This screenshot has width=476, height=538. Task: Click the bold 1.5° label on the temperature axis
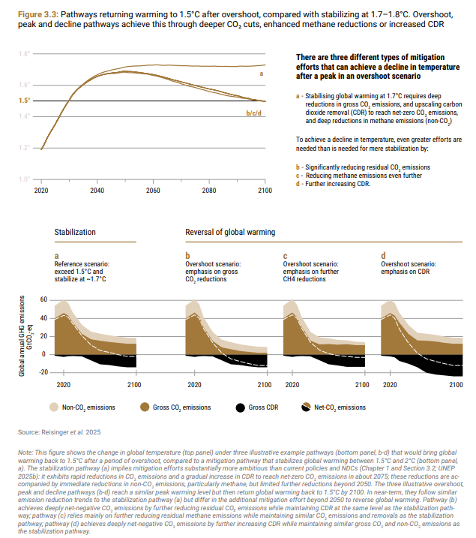(24, 101)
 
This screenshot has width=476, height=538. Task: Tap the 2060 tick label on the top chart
(153, 191)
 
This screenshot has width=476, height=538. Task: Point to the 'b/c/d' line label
(253, 113)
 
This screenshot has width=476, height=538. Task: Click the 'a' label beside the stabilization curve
(262, 74)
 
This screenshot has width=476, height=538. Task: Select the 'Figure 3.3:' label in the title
(38, 15)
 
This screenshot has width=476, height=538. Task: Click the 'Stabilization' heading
(75, 232)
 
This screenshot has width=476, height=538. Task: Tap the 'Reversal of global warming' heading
(230, 233)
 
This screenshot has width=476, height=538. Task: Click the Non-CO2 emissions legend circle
(54, 407)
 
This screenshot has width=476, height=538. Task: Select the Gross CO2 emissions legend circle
(145, 407)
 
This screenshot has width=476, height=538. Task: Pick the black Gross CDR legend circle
(240, 407)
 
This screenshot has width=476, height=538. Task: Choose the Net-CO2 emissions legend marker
(306, 407)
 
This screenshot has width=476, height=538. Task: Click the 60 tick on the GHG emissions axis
(43, 299)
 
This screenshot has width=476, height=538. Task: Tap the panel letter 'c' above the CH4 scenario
(285, 256)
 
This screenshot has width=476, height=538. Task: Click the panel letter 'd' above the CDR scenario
(383, 256)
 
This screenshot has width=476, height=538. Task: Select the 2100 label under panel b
(265, 385)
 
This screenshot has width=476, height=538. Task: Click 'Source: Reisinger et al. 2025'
(59, 432)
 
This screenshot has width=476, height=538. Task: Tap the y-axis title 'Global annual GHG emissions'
(22, 336)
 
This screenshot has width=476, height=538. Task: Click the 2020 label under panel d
(390, 385)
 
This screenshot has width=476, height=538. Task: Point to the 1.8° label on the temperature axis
(24, 54)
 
